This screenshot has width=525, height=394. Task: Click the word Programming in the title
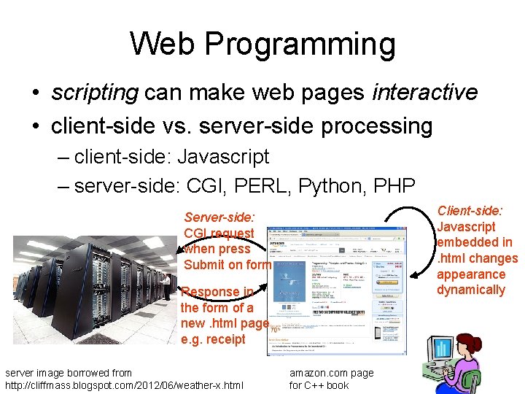pos(300,45)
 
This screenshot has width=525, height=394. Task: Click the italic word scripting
pos(94,93)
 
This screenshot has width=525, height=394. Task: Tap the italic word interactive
pos(424,93)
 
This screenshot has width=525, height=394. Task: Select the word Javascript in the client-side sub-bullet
pos(223,156)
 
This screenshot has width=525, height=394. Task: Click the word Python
pos(337,185)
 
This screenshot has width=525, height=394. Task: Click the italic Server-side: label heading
pos(219,217)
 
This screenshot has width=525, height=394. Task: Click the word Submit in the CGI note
pos(205,265)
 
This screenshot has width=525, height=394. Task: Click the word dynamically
pos(470,290)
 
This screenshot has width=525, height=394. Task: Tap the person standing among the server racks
pos(167,287)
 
